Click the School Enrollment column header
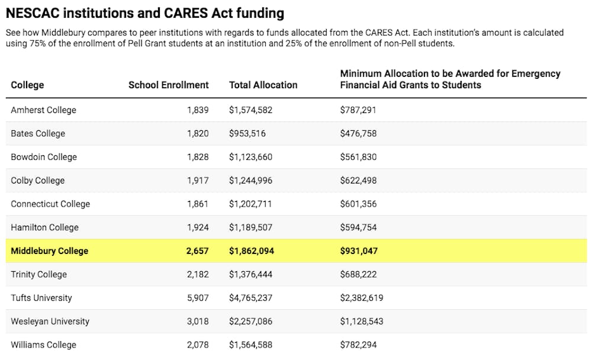point(168,85)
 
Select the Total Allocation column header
point(263,85)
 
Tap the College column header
point(27,85)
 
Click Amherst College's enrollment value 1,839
point(198,110)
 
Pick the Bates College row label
point(38,134)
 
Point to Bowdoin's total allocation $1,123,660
point(250,157)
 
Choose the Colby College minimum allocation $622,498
point(358,181)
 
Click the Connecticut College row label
point(50,204)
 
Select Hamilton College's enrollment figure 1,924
point(198,227)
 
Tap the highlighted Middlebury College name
point(50,251)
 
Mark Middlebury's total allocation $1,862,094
point(252,251)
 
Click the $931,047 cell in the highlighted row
point(359,251)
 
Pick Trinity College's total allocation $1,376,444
point(250,274)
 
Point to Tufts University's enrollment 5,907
point(198,298)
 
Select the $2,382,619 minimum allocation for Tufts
point(362,298)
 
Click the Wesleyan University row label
point(50,322)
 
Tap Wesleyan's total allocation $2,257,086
point(250,321)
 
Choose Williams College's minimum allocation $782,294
point(358,345)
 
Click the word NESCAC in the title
point(33,13)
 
